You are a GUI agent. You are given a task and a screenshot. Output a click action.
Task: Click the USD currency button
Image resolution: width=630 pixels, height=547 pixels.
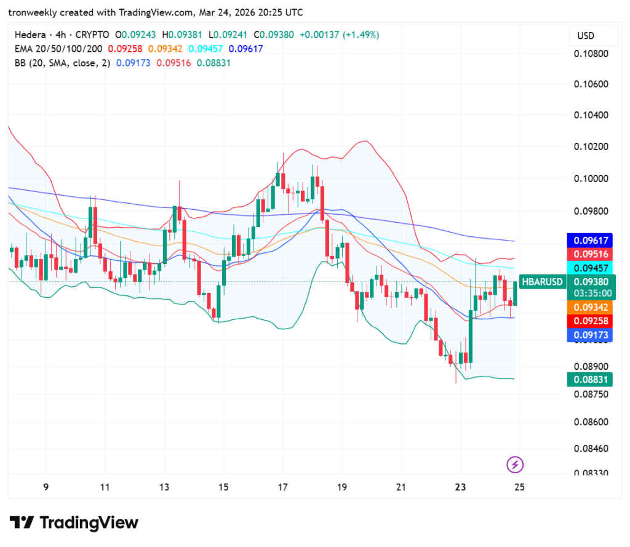[586, 36]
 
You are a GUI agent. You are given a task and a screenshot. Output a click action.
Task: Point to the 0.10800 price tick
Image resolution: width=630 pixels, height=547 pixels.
[591, 54]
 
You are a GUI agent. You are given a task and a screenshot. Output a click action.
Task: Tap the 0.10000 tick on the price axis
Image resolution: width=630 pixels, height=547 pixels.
[591, 179]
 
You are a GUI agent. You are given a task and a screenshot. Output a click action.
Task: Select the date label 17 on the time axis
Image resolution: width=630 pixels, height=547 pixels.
[282, 487]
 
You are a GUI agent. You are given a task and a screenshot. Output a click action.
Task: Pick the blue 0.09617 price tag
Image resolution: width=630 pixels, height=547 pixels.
[591, 241]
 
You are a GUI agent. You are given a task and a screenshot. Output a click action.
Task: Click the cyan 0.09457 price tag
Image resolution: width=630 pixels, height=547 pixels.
[591, 268]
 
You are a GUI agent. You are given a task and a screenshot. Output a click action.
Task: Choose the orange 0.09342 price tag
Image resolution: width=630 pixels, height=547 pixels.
[591, 307]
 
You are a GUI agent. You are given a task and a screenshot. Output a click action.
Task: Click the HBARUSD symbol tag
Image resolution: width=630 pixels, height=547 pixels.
[542, 282]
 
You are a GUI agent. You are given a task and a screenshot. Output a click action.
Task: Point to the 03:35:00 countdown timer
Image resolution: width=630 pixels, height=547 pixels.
[591, 293]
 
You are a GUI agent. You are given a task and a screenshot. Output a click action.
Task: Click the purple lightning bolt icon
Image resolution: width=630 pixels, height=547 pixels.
[515, 465]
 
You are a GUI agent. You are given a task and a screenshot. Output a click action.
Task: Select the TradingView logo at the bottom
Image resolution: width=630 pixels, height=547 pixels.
[74, 523]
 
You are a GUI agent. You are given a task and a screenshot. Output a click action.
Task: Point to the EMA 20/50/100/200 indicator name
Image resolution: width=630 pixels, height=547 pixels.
[58, 49]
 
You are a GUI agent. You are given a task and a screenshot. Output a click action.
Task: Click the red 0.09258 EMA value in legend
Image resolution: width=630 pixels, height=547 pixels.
[125, 49]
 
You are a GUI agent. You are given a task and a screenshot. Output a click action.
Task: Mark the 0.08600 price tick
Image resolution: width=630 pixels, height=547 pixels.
[591, 422]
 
